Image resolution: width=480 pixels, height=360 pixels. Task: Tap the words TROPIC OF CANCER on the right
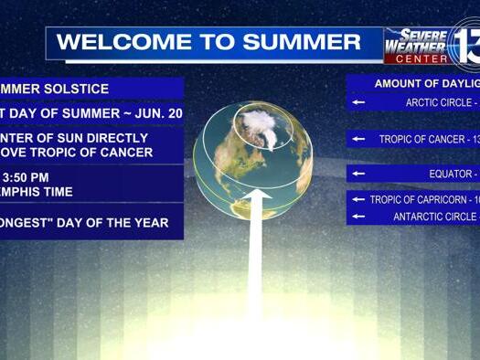pos(421,140)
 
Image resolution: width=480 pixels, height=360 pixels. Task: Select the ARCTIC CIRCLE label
pos(436,103)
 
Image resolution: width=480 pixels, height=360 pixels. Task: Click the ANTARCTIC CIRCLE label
pos(434,217)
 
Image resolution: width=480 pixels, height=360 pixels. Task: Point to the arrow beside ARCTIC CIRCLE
pos(358,102)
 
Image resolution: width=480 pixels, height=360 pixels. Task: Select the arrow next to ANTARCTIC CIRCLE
pos(358,217)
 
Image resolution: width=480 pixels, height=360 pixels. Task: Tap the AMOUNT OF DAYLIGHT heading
pos(426,83)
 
